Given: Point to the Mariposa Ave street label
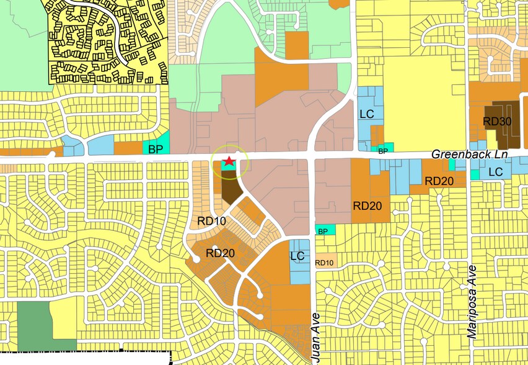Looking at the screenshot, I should [x=473, y=301].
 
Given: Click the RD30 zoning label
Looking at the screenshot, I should [x=497, y=122].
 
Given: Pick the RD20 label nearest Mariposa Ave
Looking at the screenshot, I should [x=439, y=181].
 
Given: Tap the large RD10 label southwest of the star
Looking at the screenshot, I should [x=212, y=220].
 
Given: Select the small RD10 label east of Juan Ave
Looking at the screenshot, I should [x=325, y=263].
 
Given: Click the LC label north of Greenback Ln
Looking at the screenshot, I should [x=367, y=115].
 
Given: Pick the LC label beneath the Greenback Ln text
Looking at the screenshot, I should [x=495, y=172].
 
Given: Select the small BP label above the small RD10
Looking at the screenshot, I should [x=322, y=231].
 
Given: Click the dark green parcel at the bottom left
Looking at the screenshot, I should [x=33, y=320].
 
